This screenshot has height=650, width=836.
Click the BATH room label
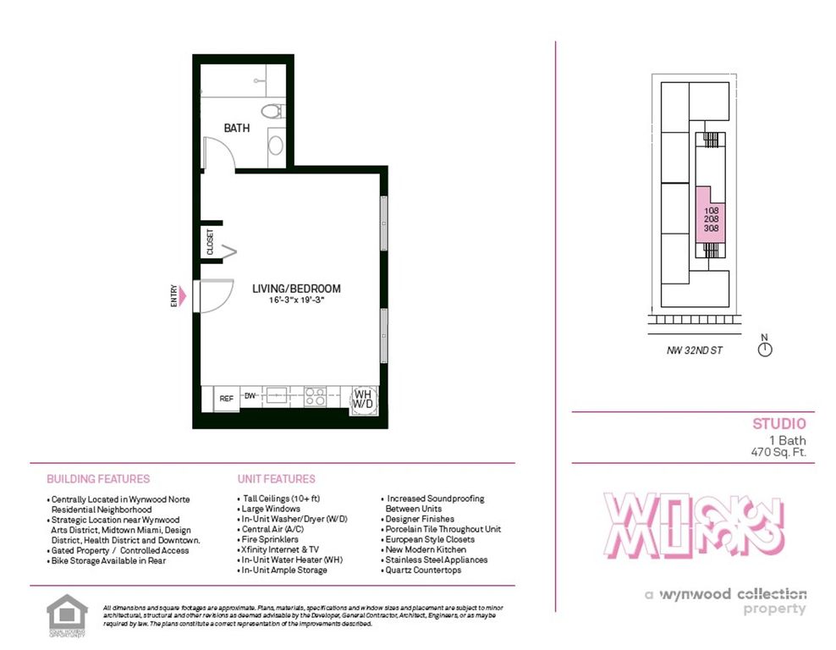pos(237,129)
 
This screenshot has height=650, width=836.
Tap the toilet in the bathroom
pos(272,111)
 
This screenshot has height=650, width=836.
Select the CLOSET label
pos(210,242)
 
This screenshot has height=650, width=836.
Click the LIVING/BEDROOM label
pos(296,289)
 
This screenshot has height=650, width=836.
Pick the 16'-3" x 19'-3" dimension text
pos(297,300)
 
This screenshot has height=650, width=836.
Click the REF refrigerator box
pos(226,398)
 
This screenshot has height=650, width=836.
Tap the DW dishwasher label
pos(250,395)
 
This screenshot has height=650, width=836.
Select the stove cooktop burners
pos(315,394)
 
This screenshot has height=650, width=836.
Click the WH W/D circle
pos(363,399)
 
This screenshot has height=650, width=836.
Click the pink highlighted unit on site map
pos(710,218)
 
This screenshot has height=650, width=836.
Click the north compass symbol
pos(765,349)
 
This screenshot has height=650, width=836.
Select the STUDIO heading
pos(778,424)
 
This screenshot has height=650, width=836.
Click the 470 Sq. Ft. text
pos(773,452)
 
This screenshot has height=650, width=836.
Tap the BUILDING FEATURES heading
pos(98,479)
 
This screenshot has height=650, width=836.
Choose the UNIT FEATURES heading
pos(276,479)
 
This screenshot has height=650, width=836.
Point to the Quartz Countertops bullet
pos(424,570)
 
